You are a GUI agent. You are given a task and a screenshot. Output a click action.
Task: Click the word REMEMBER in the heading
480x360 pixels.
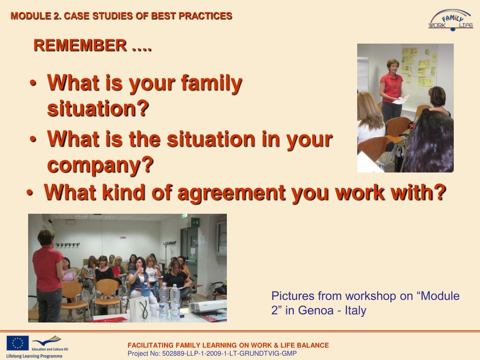(80, 45)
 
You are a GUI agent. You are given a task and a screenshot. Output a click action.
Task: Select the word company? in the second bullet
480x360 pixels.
(100, 165)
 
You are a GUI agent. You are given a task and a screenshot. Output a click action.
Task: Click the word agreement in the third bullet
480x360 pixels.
(232, 193)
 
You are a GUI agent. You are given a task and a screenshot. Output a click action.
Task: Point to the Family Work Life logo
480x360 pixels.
(450, 20)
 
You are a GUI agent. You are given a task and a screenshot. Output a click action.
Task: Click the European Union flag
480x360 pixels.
(18, 343)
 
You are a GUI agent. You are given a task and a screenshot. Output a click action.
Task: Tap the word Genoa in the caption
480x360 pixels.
(315, 310)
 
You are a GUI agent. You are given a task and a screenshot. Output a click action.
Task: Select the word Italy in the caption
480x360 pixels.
(355, 310)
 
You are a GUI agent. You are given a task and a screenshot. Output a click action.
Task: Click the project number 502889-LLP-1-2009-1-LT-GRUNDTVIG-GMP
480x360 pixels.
(229, 353)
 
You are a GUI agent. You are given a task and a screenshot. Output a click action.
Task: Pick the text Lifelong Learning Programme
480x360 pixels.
(34, 356)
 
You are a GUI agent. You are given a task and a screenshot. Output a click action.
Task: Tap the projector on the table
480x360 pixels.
(207, 307)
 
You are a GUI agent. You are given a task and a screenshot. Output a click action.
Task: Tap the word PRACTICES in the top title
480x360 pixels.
(205, 16)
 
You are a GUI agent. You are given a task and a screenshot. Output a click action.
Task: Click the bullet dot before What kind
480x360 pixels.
(30, 193)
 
